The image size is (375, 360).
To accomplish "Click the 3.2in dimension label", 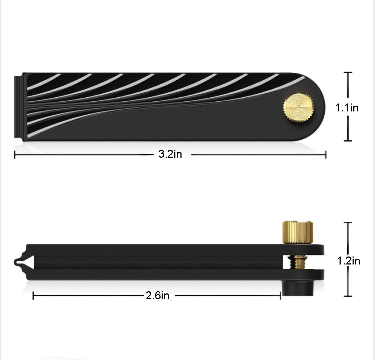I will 170,154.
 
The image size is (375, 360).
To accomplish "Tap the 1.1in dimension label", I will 347,107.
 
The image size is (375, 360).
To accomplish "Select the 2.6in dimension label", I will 157,296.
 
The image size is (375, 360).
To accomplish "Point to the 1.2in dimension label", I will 349,261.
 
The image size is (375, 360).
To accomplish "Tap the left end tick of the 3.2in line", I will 14,154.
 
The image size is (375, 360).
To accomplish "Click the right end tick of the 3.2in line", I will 326,154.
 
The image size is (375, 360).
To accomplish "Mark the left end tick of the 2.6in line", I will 33,296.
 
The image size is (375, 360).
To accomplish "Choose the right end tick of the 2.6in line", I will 281,296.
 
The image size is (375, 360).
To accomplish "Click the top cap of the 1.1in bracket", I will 348,73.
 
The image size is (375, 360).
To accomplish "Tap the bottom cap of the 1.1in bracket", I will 348,141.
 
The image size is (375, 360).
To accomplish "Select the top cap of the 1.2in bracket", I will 348,223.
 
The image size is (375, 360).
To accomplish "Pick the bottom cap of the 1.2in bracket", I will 348,296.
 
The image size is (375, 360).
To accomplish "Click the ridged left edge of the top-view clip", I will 18,107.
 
